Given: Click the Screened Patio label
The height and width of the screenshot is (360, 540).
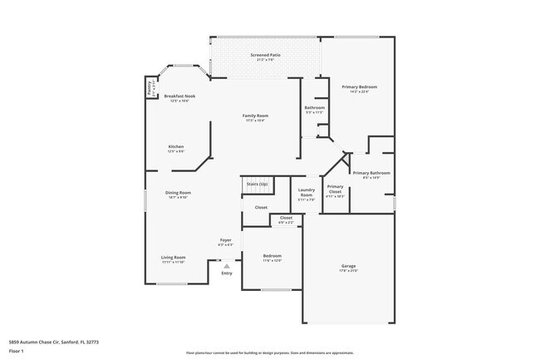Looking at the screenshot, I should coord(265,56).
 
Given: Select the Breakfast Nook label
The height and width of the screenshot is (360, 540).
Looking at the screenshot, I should coord(179,96).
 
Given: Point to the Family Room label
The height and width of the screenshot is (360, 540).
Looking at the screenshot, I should coord(255,116).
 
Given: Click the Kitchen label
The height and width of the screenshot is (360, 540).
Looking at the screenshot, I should coord(176,147).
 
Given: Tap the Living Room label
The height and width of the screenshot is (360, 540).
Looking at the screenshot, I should coord(173,258).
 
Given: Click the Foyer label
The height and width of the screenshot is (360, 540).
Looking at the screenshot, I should coord(225,241).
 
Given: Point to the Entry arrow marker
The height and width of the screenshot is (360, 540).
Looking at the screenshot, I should coord(226,266).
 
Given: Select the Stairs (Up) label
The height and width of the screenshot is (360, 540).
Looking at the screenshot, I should coord(258,184).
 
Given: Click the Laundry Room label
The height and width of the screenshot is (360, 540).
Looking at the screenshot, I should coord(306,192).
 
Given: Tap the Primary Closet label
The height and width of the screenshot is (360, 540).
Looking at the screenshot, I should coord(335,189).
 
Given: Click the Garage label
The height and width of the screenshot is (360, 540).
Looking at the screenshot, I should coord(348,266).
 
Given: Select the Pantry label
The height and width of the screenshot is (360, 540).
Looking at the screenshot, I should coord(150,88).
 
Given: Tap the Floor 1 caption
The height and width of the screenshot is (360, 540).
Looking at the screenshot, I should coord(16,352).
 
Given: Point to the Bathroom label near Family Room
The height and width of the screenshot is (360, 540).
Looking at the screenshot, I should coord(314,107).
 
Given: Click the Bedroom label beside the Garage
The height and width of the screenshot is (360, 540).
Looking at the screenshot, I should coord(272,256).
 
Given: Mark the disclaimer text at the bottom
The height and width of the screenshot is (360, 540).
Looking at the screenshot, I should coord(269,353).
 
